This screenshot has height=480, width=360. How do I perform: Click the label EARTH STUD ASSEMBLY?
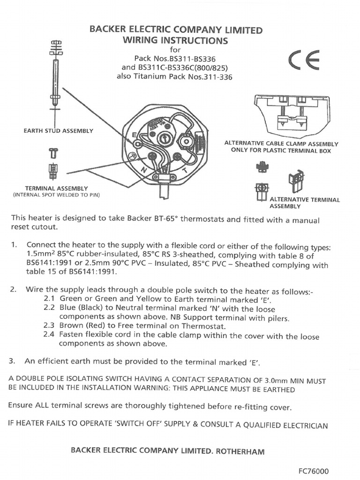pos(58,131)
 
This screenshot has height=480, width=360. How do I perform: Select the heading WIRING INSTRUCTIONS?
pos(175,40)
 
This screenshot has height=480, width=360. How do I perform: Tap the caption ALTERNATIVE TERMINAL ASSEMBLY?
pos(305,202)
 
